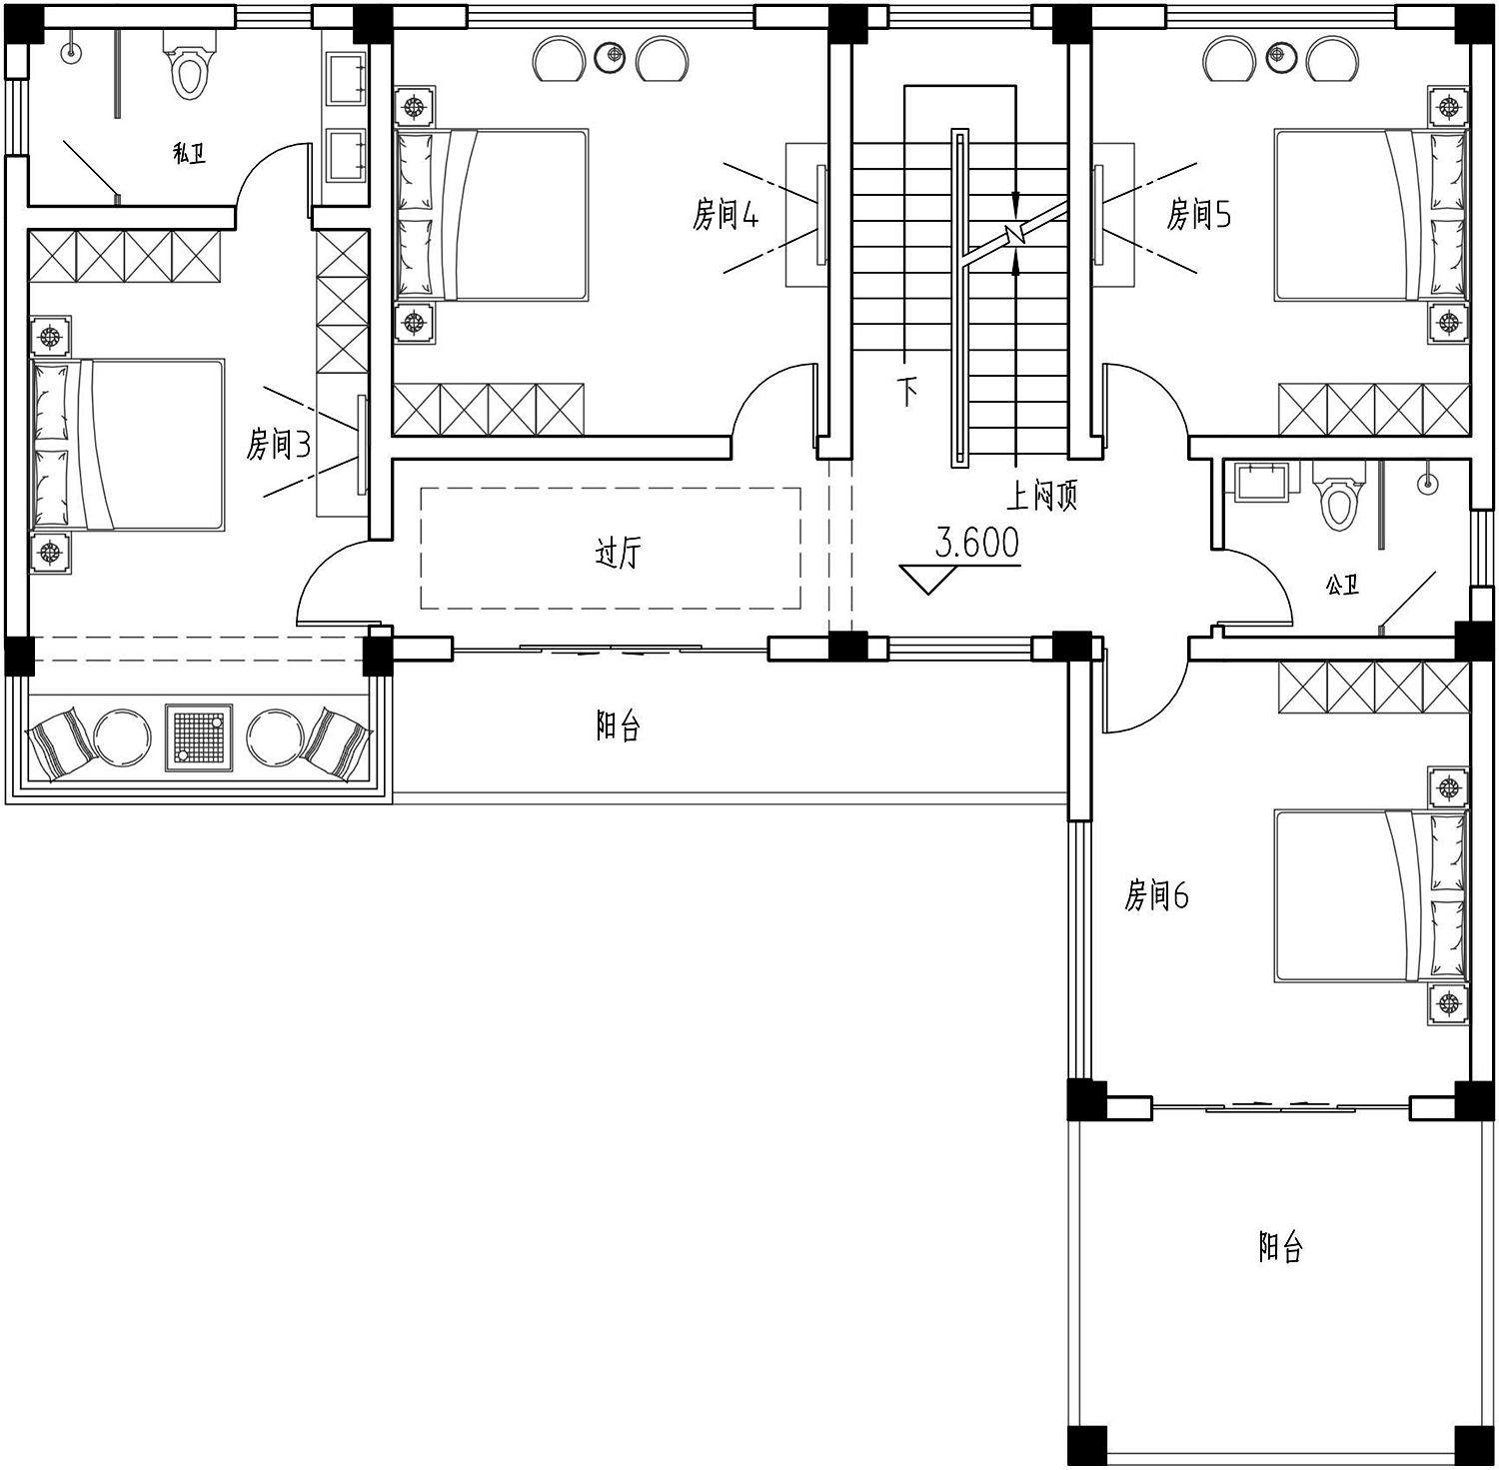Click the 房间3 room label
pos(279,444)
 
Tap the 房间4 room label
pos(726,214)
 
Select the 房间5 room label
pos(1199,214)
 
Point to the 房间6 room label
pos(1156,895)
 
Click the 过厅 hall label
pos(618,552)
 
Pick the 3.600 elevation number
pos(977,543)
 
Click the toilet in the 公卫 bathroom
pos(1336,498)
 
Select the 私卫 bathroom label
pos(189,154)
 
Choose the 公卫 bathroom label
pos(1342,585)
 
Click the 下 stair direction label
pos(906,391)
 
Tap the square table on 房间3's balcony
pos(200,738)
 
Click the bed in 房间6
pos(1371,895)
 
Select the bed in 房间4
pos(491,214)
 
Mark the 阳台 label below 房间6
pos(1280,1247)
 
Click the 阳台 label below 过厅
pos(618,727)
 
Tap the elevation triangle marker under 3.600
pos(927,580)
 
